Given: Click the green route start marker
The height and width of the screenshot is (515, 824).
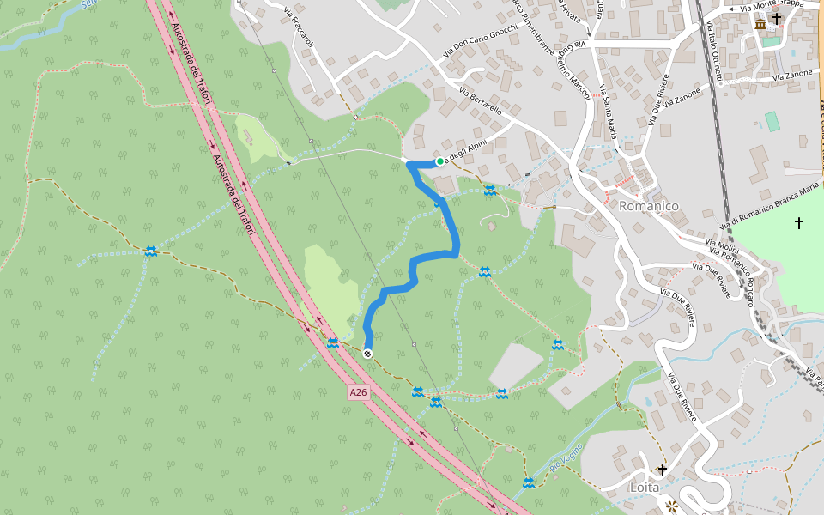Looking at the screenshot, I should coord(439,161).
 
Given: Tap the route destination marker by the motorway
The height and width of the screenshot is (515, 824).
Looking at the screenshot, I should coord(368,354).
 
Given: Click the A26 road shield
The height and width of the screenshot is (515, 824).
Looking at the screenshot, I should coord(359,392).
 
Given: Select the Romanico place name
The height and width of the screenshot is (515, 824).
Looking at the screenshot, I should coord(649,206).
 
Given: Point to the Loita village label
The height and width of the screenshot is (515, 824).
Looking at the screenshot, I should coord(645,487).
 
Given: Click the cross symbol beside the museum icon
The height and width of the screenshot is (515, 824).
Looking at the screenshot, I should coord(777,17).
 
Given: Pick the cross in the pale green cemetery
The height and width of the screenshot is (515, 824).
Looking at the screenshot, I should coord(799,223).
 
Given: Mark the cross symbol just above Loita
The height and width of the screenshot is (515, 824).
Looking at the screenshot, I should coord(662,470).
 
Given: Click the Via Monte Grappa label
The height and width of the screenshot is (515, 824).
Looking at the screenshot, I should coord(771,5).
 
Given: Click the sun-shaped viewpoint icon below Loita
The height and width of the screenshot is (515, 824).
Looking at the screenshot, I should coord(672,506).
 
